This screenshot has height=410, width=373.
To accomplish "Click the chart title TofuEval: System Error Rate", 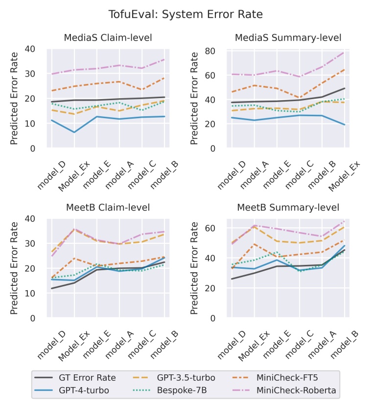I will (186, 15).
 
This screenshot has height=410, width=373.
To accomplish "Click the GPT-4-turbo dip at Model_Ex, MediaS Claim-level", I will (74, 132).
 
